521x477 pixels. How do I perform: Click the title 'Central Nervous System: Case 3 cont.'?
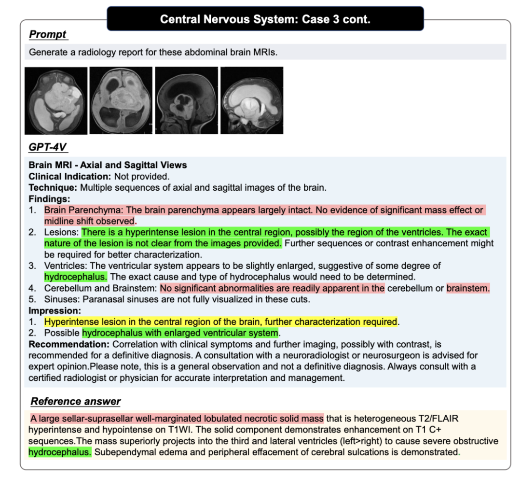pos(265,19)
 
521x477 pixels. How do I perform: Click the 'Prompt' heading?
pos(48,34)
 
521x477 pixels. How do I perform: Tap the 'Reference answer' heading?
pos(75,401)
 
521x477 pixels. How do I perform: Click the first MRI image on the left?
pos(56,100)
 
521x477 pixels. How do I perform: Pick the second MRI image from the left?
pos(121,100)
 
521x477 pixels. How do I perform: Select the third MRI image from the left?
pos(186,100)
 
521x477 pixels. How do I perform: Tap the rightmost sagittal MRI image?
pos(252,100)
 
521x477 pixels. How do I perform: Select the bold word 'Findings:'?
pos(49,198)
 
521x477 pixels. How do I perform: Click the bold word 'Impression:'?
pos(55,310)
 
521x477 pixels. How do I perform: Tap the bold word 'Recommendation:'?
pos(69,344)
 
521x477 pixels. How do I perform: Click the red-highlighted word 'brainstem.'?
pos(468,288)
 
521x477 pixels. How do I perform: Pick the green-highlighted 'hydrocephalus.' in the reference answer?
pos(59,452)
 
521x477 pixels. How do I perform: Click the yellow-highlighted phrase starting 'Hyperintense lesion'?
pos(220,322)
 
